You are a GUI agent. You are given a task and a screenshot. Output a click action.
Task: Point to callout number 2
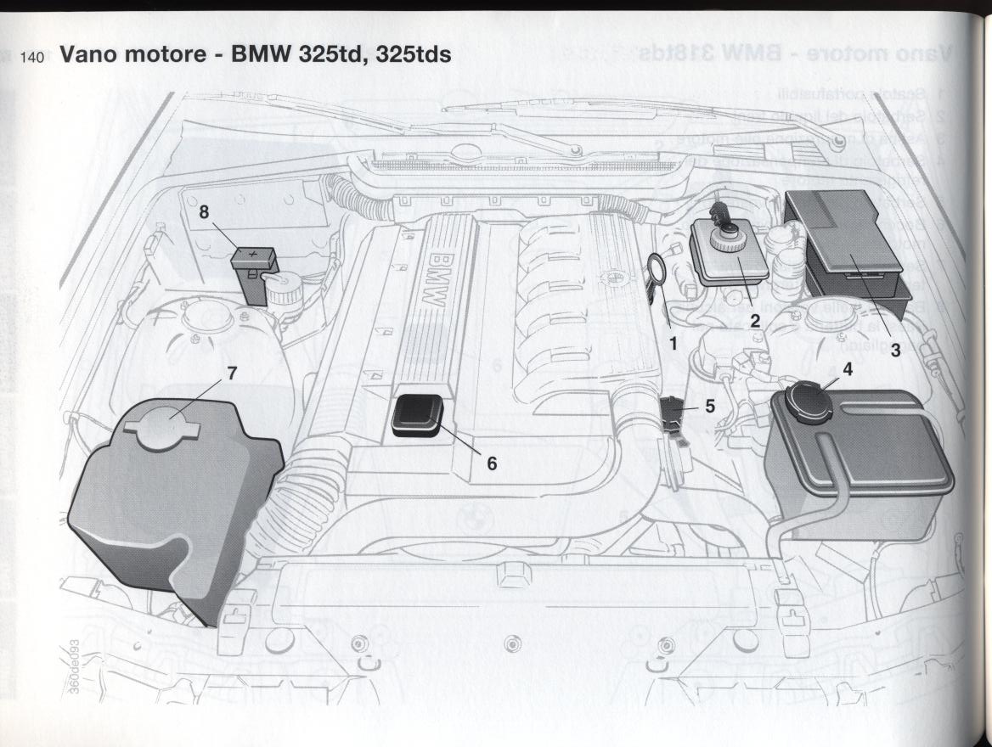(x=754, y=321)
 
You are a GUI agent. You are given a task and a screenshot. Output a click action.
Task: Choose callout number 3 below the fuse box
(x=895, y=351)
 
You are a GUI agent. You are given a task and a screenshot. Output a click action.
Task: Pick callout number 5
(x=710, y=407)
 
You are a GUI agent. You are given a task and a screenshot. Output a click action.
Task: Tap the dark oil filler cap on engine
(x=417, y=416)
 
